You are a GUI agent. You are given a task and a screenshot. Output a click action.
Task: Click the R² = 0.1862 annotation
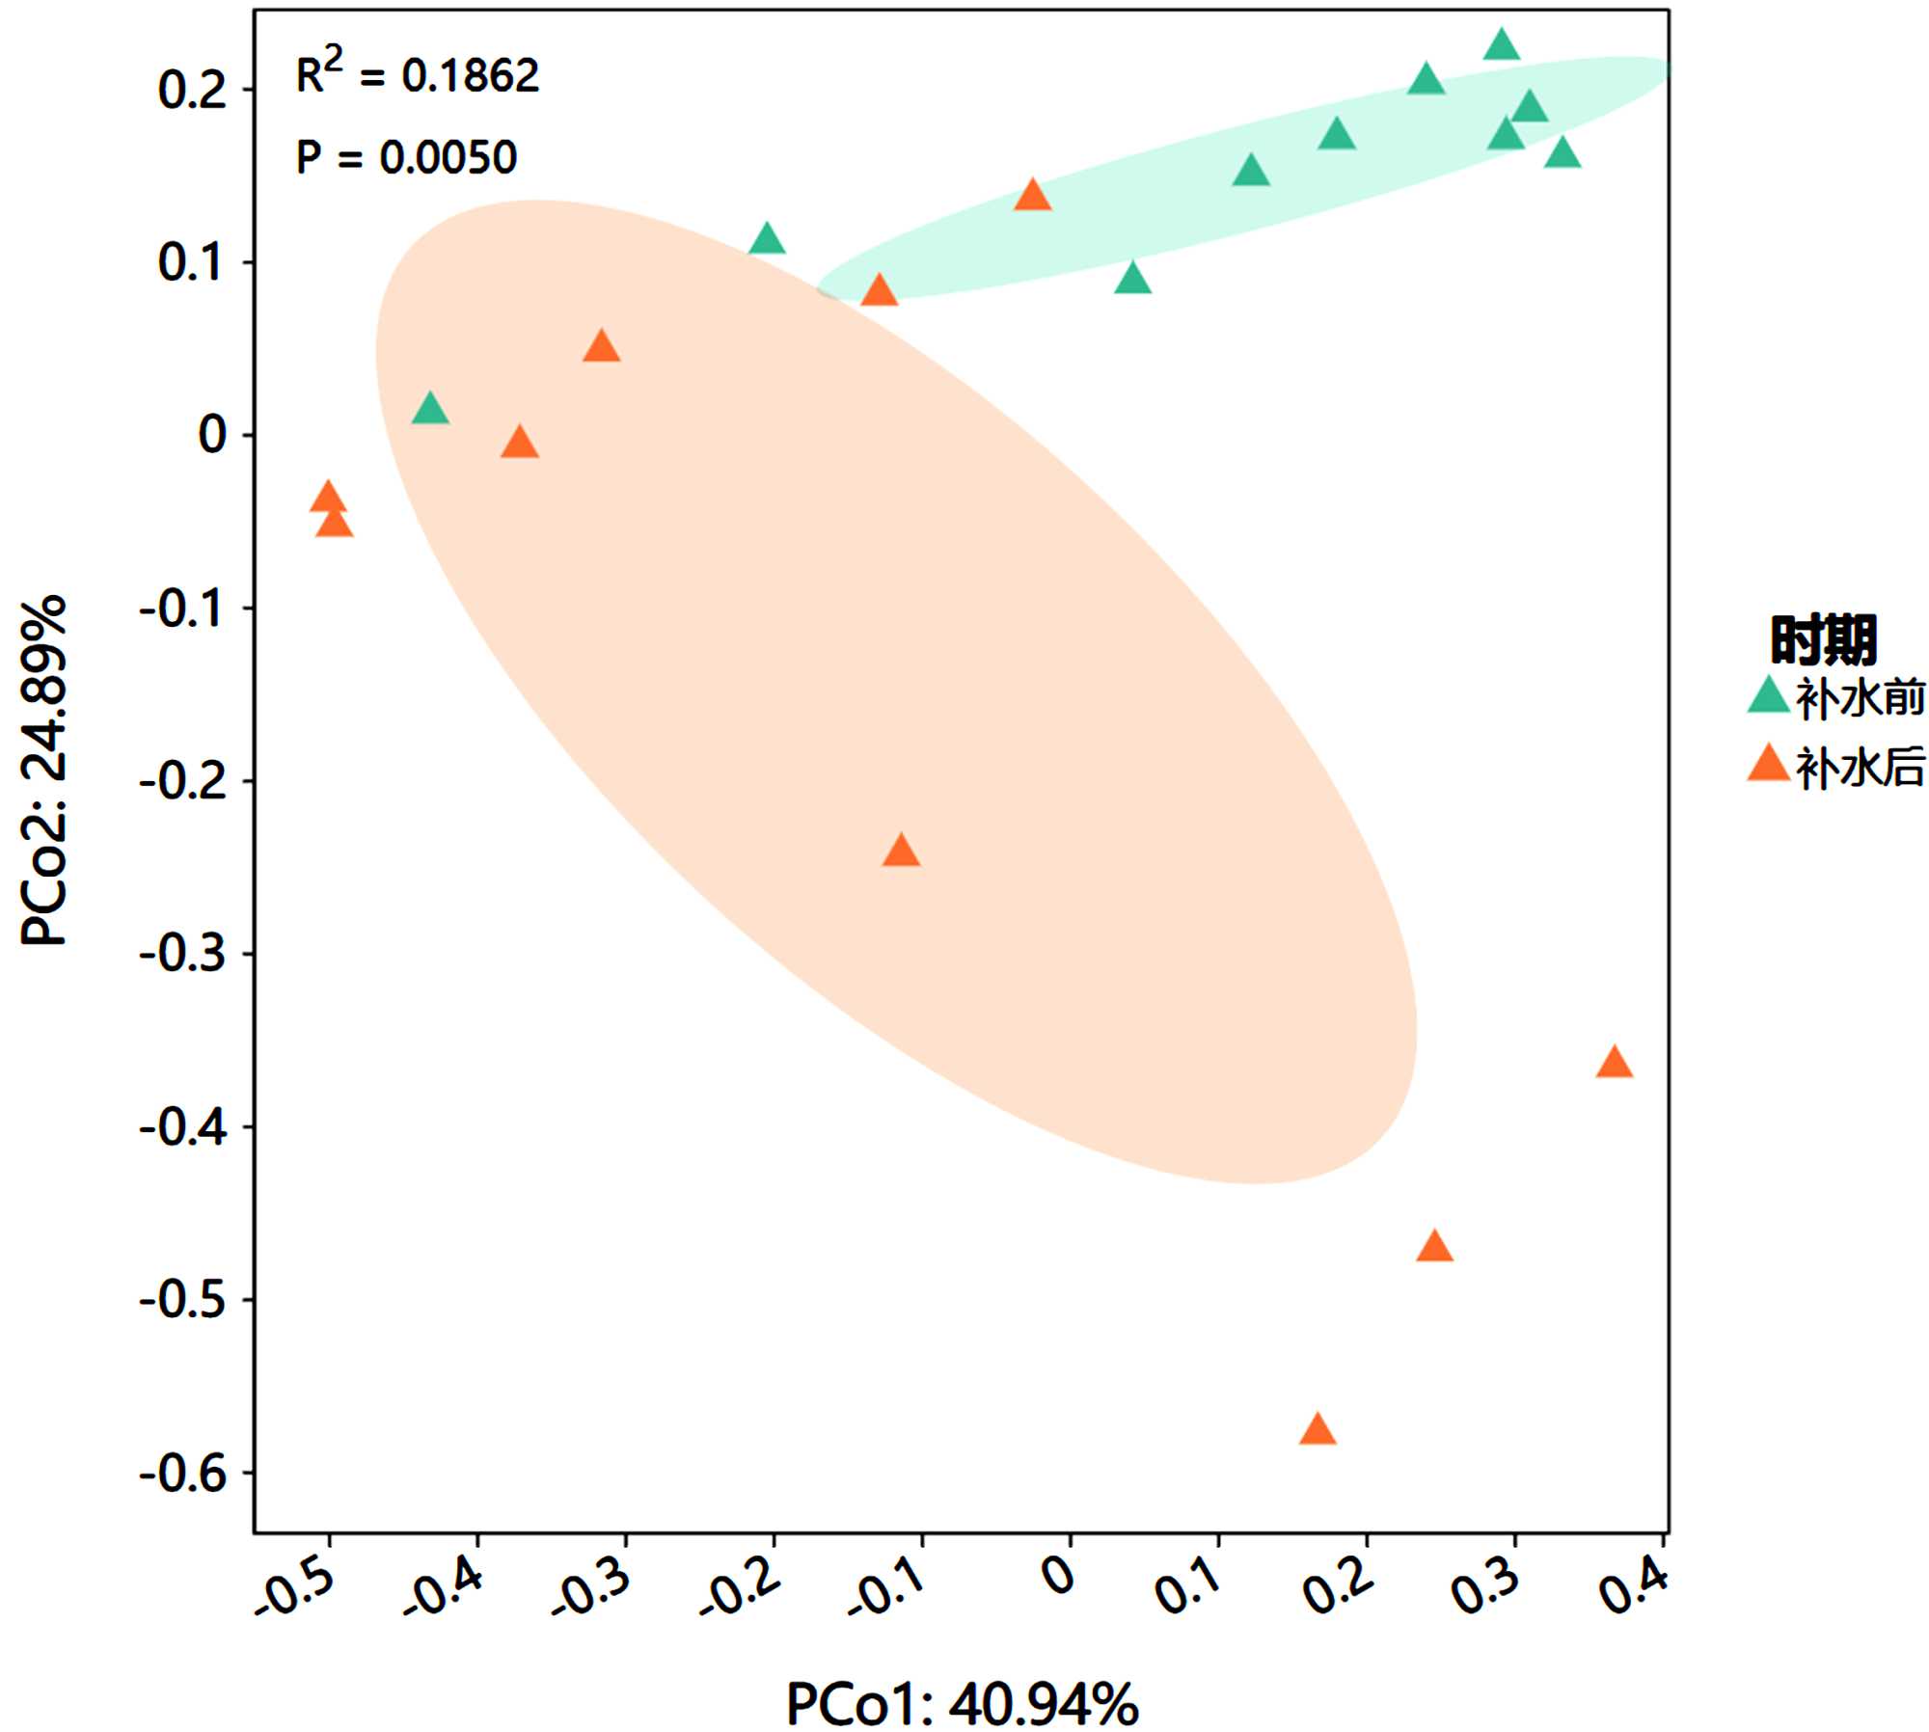tap(417, 73)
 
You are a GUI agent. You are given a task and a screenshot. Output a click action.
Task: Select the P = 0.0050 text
tap(406, 157)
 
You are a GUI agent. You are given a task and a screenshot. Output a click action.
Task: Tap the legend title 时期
tap(1823, 638)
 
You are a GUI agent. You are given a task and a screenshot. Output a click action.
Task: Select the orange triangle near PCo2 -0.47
tap(1434, 1247)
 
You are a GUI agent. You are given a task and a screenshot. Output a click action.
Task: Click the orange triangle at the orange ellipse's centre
tap(901, 852)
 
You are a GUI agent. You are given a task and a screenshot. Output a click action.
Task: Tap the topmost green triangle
tap(1501, 45)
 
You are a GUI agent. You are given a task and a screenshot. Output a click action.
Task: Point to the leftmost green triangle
tap(430, 410)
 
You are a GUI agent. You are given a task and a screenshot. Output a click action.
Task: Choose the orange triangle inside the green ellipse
tap(1032, 196)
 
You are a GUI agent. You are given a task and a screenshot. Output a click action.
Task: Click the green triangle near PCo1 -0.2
tap(767, 238)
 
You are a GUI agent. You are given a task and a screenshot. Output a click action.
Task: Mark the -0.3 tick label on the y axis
tap(183, 954)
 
